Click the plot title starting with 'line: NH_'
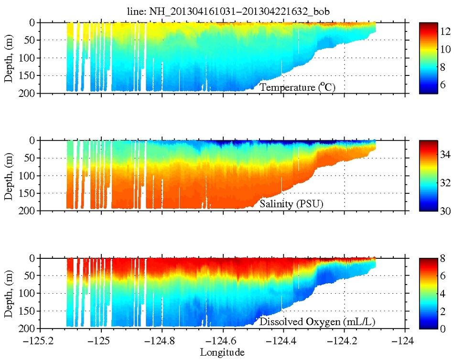coord(227,10)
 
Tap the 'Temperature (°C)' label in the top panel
coord(299,87)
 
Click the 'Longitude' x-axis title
coord(222,352)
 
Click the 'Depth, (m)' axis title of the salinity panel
coord(8,175)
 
